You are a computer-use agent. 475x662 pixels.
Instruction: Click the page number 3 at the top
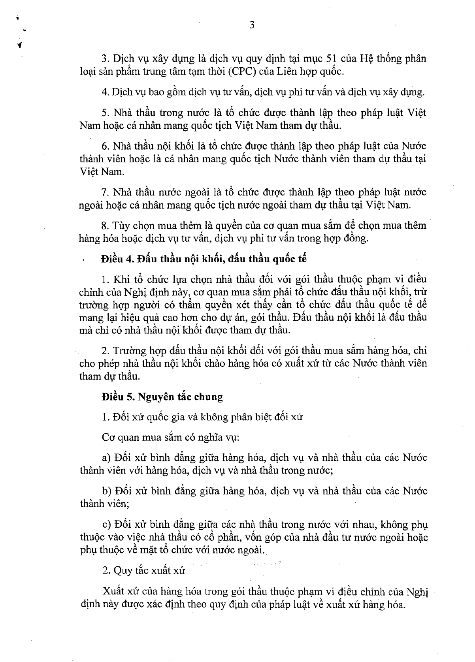pyautogui.click(x=252, y=26)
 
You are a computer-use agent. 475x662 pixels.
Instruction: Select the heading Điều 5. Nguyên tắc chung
pyautogui.click(x=162, y=397)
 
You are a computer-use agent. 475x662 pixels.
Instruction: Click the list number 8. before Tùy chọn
pyautogui.click(x=105, y=226)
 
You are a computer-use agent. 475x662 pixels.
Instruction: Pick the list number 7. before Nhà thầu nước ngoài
pyautogui.click(x=105, y=192)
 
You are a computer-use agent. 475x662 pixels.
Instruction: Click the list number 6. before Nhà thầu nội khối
pyautogui.click(x=105, y=146)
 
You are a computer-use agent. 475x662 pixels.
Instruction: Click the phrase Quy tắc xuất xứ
pyautogui.click(x=149, y=570)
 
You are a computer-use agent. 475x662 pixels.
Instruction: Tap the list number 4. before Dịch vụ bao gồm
pyautogui.click(x=105, y=92)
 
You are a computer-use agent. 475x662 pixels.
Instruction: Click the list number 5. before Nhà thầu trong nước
pyautogui.click(x=105, y=113)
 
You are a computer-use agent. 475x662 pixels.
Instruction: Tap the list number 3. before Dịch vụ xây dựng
pyautogui.click(x=105, y=59)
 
